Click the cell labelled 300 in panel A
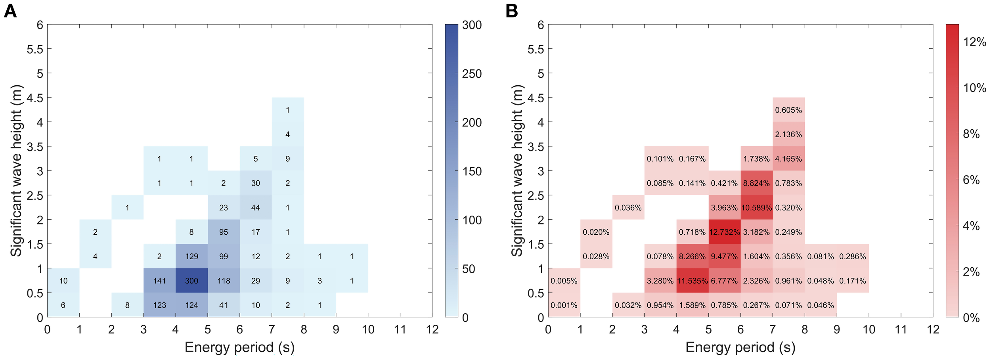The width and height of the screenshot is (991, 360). point(191,281)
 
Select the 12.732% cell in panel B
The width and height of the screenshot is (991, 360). point(724,232)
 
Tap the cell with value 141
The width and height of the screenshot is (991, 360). point(159,281)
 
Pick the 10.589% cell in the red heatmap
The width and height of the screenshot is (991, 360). point(756,207)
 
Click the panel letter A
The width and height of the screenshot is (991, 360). point(10,11)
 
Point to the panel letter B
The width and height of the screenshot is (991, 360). point(512,11)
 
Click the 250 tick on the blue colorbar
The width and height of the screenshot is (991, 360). point(472,74)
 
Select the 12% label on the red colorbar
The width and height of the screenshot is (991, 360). point(974,42)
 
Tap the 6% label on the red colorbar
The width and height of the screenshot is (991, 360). point(971,180)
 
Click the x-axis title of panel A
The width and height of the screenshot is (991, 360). point(239,347)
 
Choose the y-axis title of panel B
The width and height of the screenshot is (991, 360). point(517,170)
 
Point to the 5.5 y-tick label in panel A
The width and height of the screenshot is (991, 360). point(35,49)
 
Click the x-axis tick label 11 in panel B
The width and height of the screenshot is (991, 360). point(901,329)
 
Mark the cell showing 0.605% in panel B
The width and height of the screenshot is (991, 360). point(788,110)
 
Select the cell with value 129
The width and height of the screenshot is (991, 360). point(191,257)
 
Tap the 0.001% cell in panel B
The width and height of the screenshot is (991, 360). point(564,305)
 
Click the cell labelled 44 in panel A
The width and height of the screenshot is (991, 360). point(256,207)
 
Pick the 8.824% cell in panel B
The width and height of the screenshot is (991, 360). point(756,183)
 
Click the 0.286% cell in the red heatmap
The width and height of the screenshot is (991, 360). point(853,257)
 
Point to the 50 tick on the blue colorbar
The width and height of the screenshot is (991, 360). point(469,269)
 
